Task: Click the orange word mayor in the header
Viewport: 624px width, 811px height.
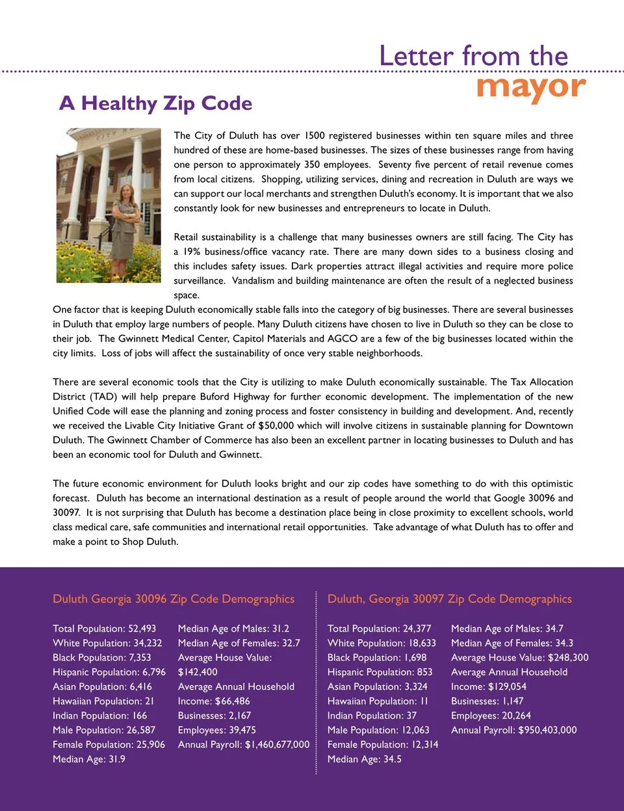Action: pos(531,87)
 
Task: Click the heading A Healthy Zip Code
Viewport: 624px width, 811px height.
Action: pos(155,103)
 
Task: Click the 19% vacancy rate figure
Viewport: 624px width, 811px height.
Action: pos(192,252)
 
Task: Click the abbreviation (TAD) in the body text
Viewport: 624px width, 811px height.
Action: pos(103,397)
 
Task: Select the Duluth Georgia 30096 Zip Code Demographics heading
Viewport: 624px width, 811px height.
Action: pos(174,599)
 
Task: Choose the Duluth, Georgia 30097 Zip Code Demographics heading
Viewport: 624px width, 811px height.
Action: pos(449,599)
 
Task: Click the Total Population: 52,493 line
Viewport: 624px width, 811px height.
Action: pos(104,629)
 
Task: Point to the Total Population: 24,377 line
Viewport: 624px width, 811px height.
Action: pos(379,629)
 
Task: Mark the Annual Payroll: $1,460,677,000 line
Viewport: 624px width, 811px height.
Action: pos(244,745)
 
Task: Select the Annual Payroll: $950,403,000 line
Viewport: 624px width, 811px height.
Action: pos(513,730)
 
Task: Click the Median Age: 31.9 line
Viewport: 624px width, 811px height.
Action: pos(89,759)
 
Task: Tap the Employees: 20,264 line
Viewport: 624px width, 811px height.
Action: pos(491,715)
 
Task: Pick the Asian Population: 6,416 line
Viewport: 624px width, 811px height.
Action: pos(102,687)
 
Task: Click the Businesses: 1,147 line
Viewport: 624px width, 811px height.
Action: pos(487,701)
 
